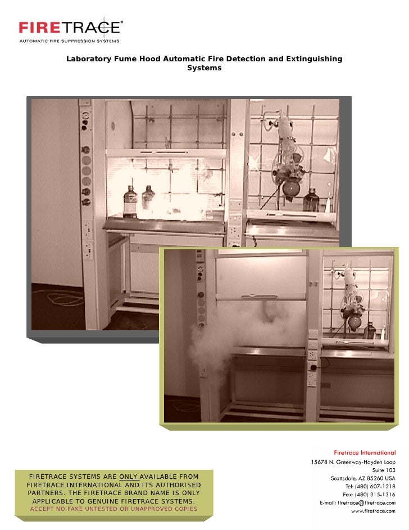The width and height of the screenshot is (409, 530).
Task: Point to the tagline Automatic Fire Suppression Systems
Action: point(69,41)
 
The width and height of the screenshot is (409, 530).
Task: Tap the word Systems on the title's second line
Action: point(204,68)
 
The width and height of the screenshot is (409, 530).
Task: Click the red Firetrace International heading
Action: point(365,452)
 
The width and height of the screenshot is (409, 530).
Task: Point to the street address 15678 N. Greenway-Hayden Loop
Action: point(353,461)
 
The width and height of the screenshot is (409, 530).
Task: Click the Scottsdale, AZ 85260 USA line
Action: point(363,478)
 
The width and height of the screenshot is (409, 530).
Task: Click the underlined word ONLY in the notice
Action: point(128,477)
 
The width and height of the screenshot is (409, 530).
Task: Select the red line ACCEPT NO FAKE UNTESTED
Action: point(113,509)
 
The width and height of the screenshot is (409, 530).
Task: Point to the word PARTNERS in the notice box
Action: point(46,493)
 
